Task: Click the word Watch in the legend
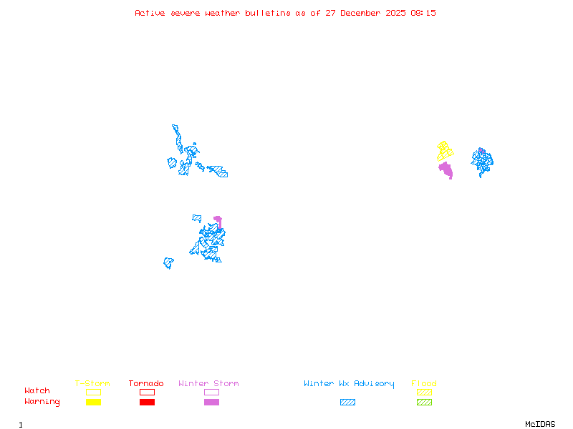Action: (x=37, y=391)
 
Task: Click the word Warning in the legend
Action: (x=42, y=402)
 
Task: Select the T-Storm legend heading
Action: (x=92, y=384)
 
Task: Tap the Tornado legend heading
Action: (x=146, y=384)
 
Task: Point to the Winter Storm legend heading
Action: (x=208, y=384)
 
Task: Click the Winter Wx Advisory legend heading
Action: (x=349, y=384)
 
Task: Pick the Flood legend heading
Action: (x=424, y=384)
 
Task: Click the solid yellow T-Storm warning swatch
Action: (x=93, y=403)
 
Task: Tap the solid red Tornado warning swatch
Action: (x=147, y=403)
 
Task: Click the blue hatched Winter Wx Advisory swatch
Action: (x=347, y=403)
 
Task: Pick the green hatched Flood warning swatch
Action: (x=424, y=403)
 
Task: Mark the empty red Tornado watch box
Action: (x=147, y=392)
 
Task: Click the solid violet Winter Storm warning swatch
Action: (x=211, y=403)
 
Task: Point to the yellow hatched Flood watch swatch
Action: (x=424, y=392)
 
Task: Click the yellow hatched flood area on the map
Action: (x=445, y=151)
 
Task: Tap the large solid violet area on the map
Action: (x=446, y=170)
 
